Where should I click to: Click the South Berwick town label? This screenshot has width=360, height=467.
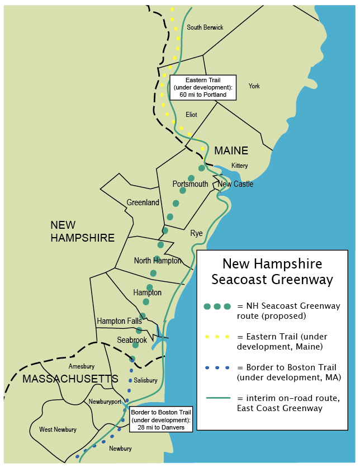[205, 27]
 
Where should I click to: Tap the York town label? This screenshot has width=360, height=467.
[254, 86]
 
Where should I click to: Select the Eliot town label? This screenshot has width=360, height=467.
[191, 115]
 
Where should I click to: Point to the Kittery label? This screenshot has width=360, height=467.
[239, 166]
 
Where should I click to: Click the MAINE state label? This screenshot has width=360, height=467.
[231, 151]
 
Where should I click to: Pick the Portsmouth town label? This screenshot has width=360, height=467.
[190, 184]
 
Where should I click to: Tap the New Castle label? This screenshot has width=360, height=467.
[235, 184]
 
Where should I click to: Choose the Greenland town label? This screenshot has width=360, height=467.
[143, 202]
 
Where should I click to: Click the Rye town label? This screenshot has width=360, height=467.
[196, 233]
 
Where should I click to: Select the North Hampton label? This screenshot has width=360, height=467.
[158, 261]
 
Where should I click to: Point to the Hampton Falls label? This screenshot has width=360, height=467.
[119, 321]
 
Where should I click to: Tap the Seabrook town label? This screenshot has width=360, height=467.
[132, 340]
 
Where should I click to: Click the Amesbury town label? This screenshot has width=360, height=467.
[81, 366]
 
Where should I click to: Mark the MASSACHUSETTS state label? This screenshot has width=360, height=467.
[70, 379]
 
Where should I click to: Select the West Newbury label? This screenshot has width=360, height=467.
[58, 430]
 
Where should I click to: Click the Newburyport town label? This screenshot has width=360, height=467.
[105, 402]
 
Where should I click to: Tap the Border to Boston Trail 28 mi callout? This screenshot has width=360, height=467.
[161, 419]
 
